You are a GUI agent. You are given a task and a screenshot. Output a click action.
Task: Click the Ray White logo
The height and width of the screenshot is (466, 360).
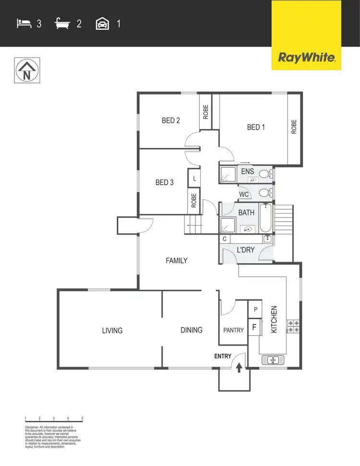tap(306, 58)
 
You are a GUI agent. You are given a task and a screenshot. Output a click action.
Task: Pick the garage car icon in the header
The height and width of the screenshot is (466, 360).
tap(103, 23)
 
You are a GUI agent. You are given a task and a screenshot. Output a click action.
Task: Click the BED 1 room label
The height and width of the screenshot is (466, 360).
tap(256, 127)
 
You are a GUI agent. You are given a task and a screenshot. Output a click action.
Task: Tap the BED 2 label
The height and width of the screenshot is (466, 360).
tap(170, 120)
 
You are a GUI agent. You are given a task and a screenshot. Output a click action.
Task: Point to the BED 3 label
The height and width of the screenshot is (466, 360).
tap(164, 182)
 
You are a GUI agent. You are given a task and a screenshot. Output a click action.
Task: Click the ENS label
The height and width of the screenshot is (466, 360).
tap(247, 171)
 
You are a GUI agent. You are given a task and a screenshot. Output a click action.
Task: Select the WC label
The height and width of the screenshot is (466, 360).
tap(244, 194)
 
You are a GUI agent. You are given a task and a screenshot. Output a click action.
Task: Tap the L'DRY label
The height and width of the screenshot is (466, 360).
tap(246, 250)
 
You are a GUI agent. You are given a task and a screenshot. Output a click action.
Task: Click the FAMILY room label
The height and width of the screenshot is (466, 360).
tap(176, 261)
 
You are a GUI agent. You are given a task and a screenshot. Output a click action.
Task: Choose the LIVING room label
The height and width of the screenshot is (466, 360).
tap(112, 330)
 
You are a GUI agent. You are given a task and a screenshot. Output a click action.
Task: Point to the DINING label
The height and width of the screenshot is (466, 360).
tap(192, 330)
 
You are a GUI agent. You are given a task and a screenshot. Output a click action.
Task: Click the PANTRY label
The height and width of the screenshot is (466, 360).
tap(234, 330)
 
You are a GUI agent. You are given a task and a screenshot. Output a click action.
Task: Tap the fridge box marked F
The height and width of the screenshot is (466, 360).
tap(254, 328)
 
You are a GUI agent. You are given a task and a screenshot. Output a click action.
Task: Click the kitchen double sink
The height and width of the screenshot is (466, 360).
tap(273, 360)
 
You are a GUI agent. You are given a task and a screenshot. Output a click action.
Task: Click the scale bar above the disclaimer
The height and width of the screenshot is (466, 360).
tap(54, 420)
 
